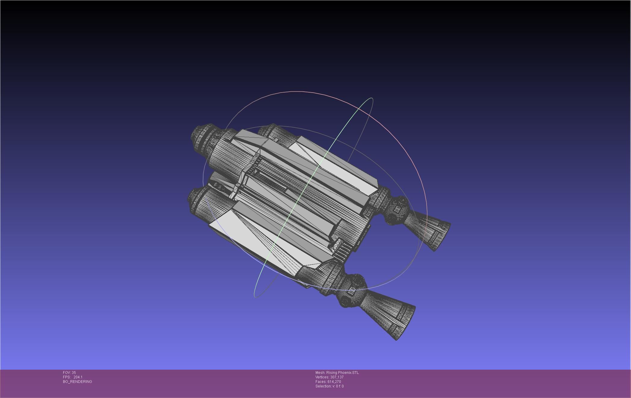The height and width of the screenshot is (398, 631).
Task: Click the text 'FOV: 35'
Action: (69, 373)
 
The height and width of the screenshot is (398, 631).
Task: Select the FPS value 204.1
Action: (78, 377)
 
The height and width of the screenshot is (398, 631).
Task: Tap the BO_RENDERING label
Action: (77, 382)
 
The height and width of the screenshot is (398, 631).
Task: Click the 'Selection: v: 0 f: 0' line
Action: (329, 386)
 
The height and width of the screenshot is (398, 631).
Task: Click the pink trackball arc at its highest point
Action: (298, 91)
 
